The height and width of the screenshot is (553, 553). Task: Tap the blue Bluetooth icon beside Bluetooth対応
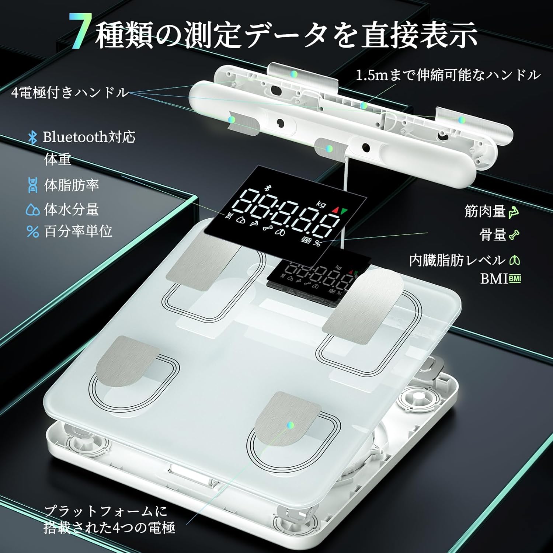point(33,138)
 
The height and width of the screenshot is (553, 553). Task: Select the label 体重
point(58,160)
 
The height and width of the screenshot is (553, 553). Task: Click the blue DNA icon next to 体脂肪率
point(33,185)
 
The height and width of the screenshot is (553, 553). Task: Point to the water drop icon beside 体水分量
point(33,210)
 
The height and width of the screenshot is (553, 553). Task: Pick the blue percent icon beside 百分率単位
point(33,232)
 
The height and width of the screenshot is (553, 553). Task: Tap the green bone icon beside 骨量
point(514,234)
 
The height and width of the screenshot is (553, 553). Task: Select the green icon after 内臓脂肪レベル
point(514,260)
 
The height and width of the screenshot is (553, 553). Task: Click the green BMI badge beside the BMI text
point(515,279)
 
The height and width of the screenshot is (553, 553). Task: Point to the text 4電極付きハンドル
point(70,93)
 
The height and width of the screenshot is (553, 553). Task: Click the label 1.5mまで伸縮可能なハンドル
point(448,75)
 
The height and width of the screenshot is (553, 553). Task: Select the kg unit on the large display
point(321,204)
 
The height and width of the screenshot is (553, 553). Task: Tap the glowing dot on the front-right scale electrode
point(291,425)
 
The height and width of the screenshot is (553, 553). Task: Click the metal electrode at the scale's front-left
point(125,363)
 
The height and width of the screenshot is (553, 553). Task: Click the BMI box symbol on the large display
point(306,240)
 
